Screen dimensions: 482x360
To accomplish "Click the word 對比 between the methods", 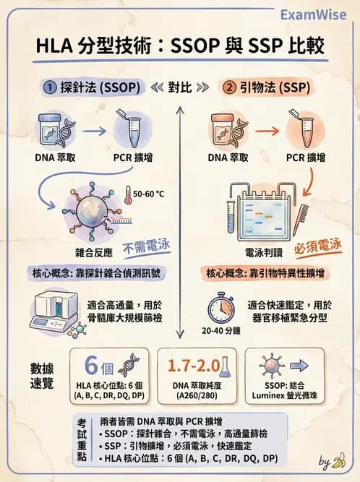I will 180,87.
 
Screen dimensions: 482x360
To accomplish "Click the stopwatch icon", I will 218,307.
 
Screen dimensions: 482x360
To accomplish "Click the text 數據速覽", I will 41,375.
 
